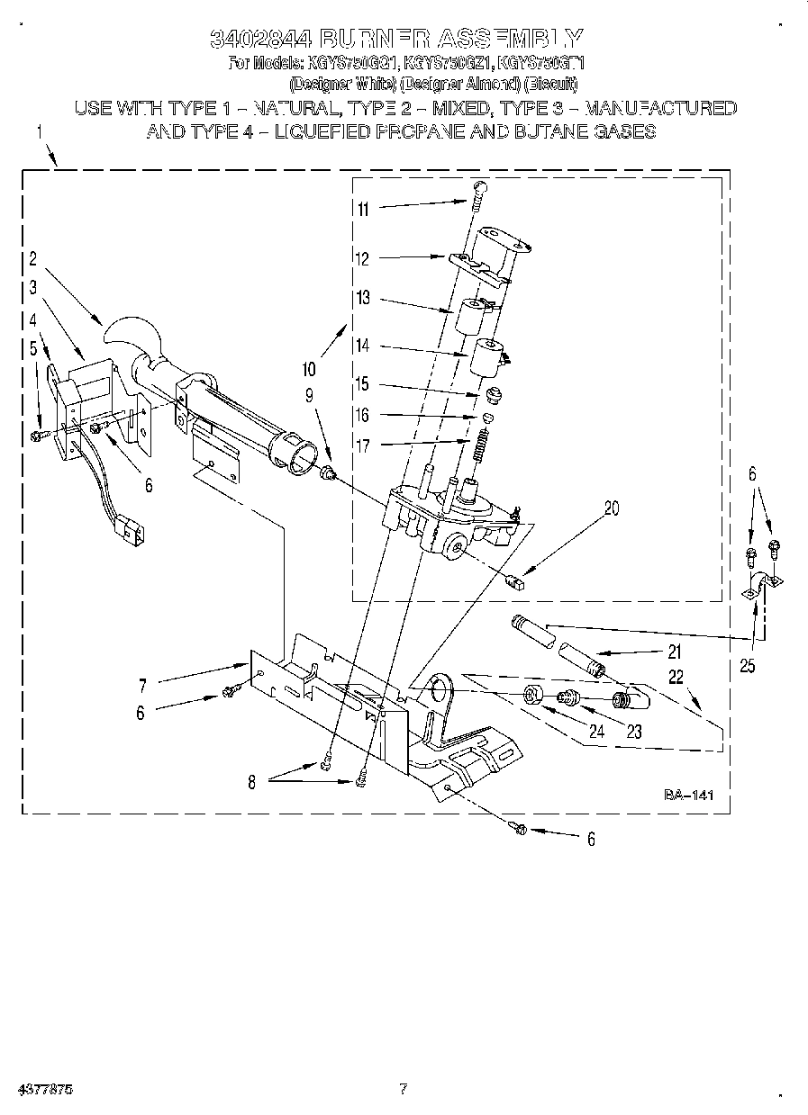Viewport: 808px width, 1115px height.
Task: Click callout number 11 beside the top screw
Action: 363,209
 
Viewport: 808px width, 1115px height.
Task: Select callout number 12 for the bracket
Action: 363,259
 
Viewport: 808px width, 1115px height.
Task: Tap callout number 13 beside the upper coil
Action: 363,299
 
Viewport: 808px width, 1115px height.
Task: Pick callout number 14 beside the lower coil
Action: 363,346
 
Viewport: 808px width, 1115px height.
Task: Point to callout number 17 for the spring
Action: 363,444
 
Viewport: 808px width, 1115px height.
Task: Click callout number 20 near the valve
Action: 612,508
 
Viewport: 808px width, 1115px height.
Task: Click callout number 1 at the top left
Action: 40,132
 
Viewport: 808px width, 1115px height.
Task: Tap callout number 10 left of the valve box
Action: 309,368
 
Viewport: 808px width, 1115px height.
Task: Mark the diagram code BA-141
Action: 688,795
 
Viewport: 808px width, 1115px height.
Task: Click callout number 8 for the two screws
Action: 251,783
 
